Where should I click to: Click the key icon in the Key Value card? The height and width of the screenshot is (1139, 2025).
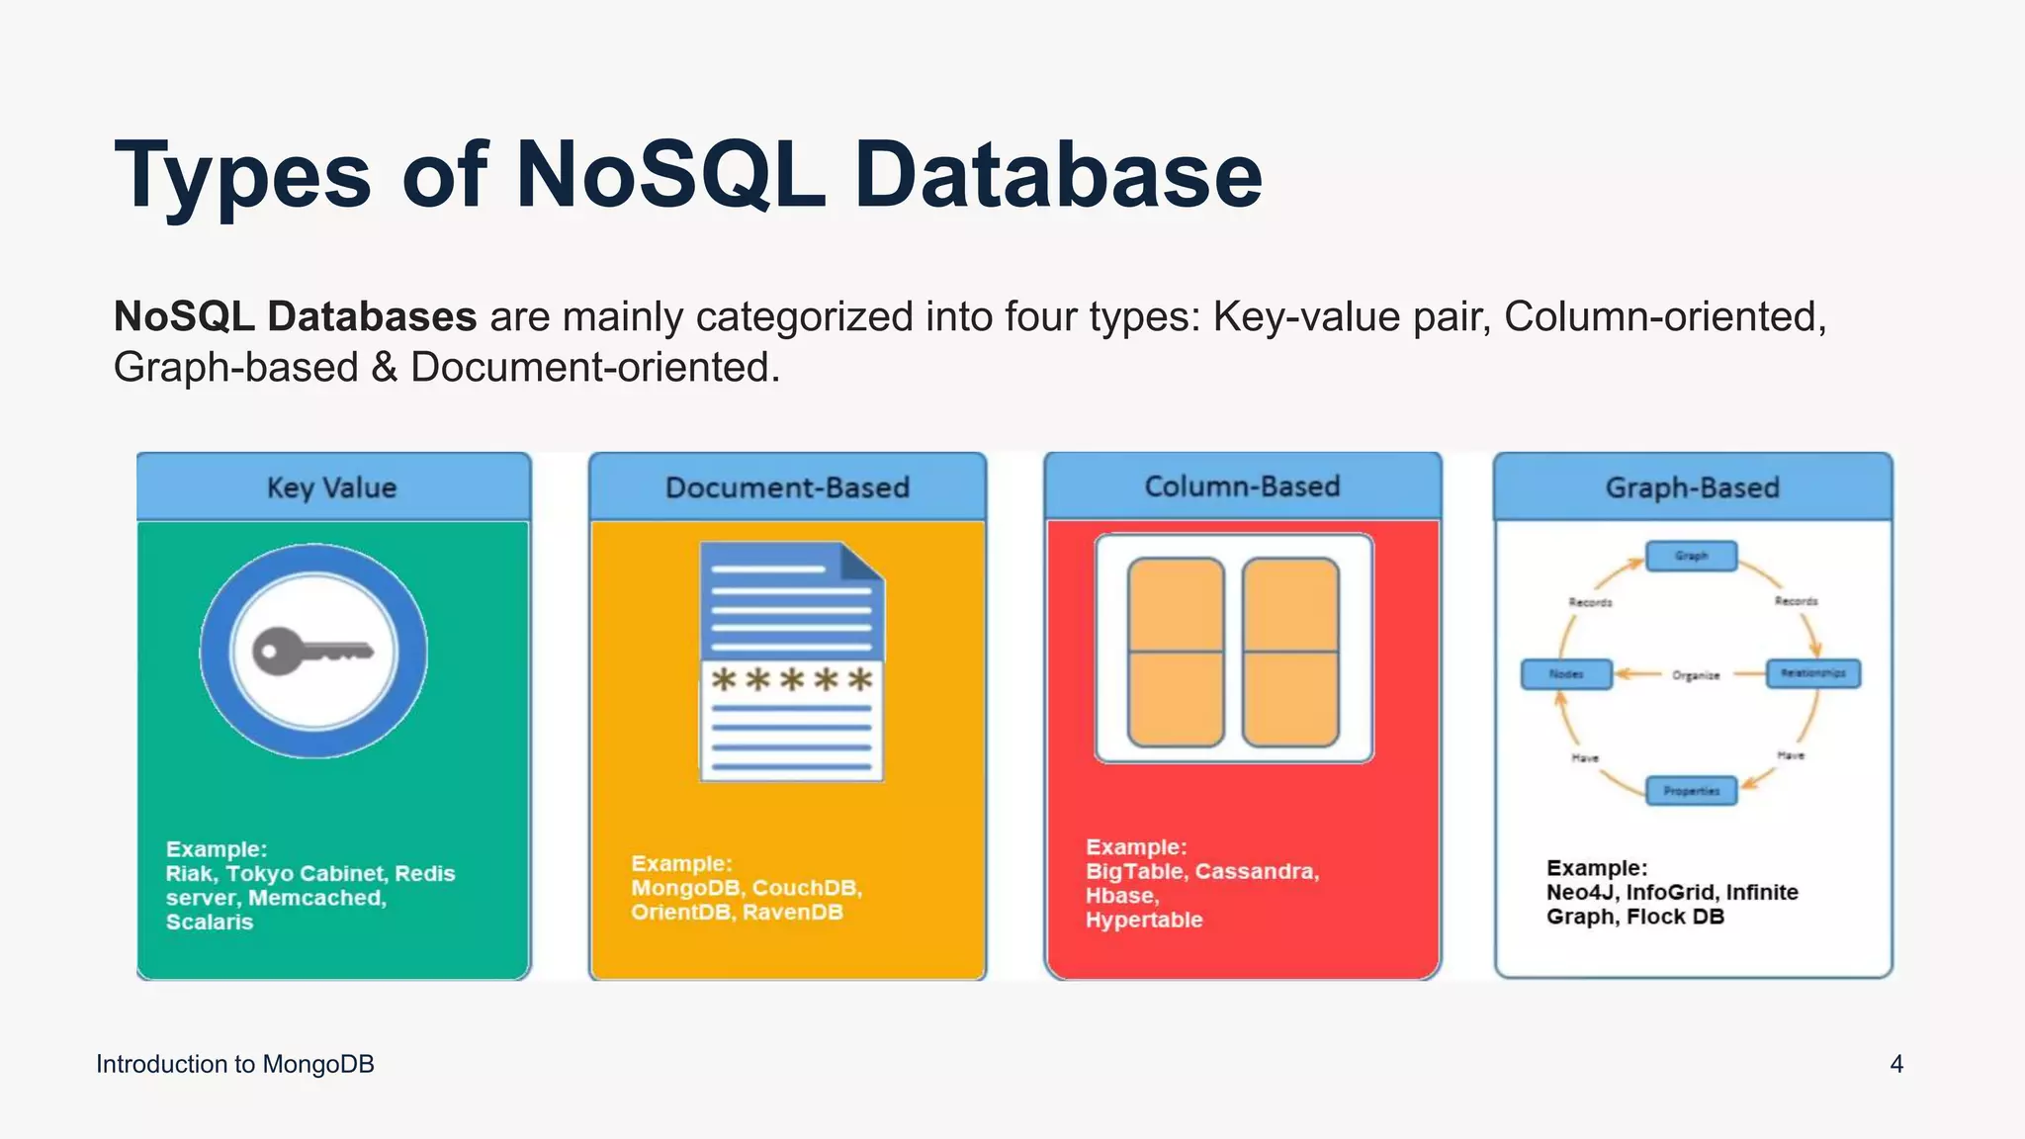pyautogui.click(x=312, y=652)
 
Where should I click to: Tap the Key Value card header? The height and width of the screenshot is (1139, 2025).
pyautogui.click(x=332, y=487)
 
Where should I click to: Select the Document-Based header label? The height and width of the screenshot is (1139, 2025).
pyautogui.click(x=787, y=487)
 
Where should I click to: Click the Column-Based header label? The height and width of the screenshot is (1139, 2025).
pyautogui.click(x=1242, y=486)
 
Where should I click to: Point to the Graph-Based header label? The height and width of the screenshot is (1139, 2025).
pyautogui.click(x=1692, y=487)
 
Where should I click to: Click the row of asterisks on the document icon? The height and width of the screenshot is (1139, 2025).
pyautogui.click(x=792, y=680)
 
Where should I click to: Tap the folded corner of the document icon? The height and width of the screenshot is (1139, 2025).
pyautogui.click(x=861, y=561)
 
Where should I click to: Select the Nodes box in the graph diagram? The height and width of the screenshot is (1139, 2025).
pyautogui.click(x=1566, y=674)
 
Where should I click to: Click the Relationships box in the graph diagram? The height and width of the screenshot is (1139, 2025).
pyautogui.click(x=1812, y=673)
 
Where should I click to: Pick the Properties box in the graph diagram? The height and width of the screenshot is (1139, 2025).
pyautogui.click(x=1691, y=791)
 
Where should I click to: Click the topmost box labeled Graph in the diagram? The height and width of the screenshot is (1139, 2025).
pyautogui.click(x=1691, y=556)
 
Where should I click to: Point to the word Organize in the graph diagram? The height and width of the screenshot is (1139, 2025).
pyautogui.click(x=1696, y=675)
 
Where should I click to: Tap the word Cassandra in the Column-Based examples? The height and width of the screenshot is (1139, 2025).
pyautogui.click(x=1257, y=871)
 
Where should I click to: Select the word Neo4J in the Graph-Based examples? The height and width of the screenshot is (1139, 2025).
pyautogui.click(x=1580, y=893)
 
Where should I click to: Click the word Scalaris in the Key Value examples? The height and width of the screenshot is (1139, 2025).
pyautogui.click(x=210, y=922)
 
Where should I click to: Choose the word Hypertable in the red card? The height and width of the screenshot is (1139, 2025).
pyautogui.click(x=1144, y=920)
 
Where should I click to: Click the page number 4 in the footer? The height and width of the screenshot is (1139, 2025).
pyautogui.click(x=1896, y=1064)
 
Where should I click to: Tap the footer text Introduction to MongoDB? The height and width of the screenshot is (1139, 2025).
pyautogui.click(x=235, y=1064)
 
